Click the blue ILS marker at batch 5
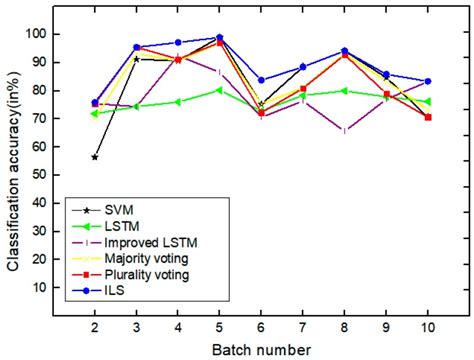(219, 37)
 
